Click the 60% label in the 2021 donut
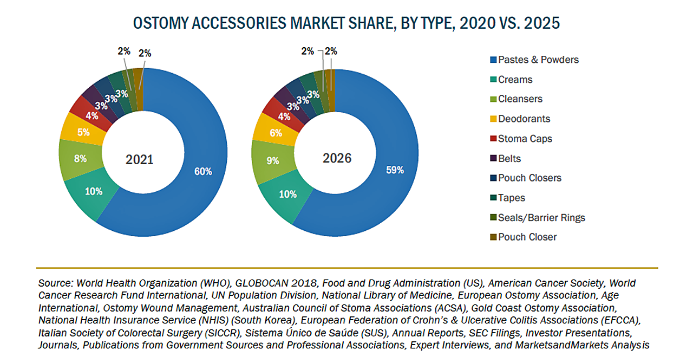coord(204,171)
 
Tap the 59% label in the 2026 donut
coord(395,170)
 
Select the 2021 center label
coord(140,160)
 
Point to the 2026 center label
coord(337,158)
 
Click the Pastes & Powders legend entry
coord(538,60)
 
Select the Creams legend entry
coord(515,80)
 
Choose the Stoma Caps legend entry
coord(525,139)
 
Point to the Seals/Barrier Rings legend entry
coord(541,218)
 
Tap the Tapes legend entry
coord(512,198)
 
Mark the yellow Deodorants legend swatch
coord(492,119)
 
